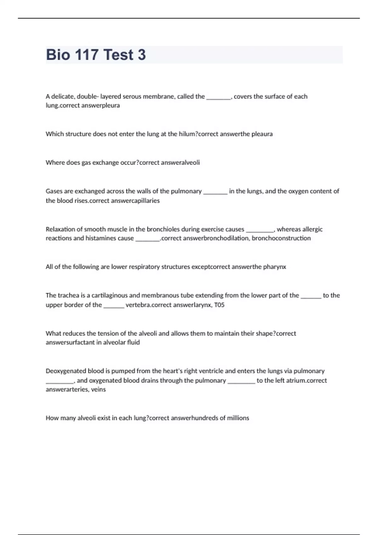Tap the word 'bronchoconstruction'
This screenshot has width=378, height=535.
pyautogui.click(x=281, y=238)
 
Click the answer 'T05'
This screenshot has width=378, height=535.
pyautogui.click(x=219, y=305)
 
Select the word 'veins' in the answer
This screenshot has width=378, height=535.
pyautogui.click(x=98, y=390)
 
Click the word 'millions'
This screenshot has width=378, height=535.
pyautogui.click(x=238, y=418)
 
